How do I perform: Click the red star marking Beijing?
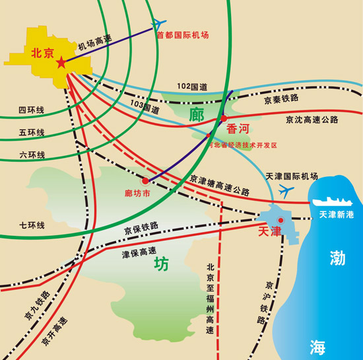click(x=61, y=63)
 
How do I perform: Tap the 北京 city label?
click(x=42, y=54)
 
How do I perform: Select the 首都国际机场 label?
click(x=183, y=35)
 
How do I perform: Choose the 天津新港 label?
click(x=337, y=215)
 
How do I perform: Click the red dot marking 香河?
click(x=224, y=118)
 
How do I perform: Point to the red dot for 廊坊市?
click(x=145, y=180)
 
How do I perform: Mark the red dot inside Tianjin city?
click(x=280, y=220)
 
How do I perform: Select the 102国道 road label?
click(x=193, y=87)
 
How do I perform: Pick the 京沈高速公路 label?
click(x=312, y=120)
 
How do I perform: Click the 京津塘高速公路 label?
click(x=220, y=185)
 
